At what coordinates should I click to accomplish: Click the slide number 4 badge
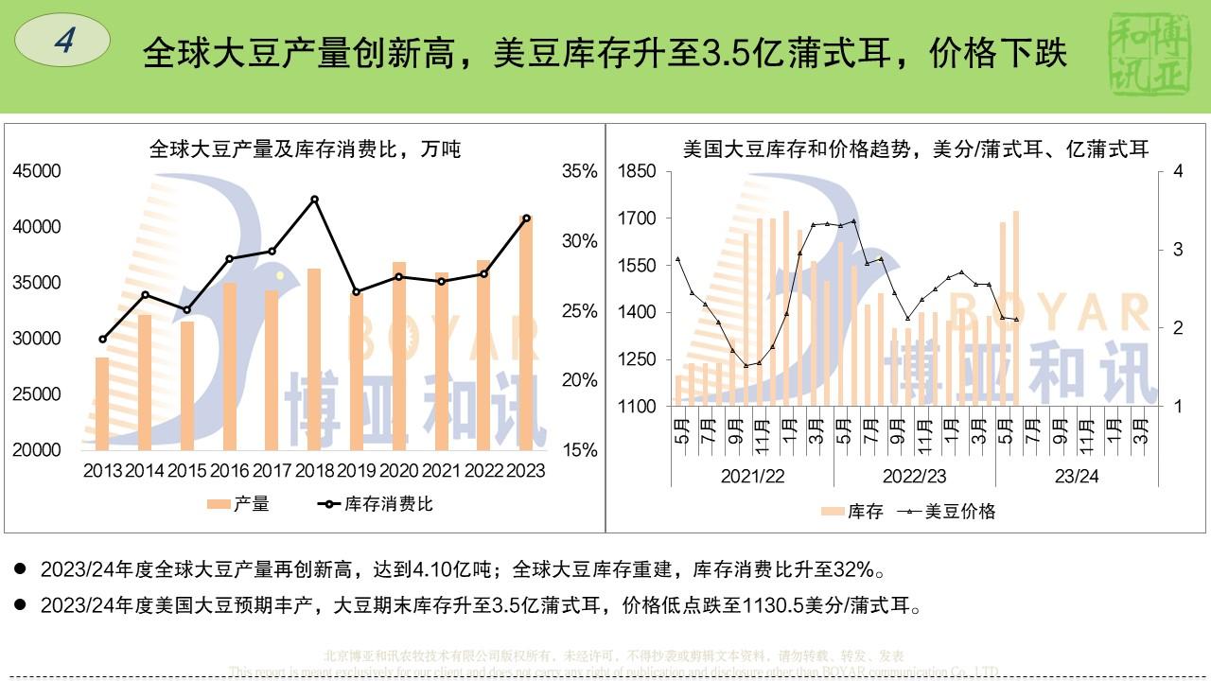point(63,41)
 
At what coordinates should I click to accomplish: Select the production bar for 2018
point(314,359)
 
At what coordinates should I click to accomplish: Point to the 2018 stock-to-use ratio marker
point(314,200)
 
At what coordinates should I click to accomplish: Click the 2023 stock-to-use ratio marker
point(527,218)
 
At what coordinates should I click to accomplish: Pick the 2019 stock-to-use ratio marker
point(357,292)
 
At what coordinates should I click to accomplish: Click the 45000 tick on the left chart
point(37,171)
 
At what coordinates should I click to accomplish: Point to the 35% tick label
point(580,171)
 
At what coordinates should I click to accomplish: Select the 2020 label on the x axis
point(399,470)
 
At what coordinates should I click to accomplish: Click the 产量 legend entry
point(239,504)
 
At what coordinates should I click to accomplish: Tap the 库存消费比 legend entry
point(377,504)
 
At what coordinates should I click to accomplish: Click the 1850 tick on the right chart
point(637,171)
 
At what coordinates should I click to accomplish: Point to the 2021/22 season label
point(752,476)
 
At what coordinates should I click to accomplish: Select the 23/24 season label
point(1077,476)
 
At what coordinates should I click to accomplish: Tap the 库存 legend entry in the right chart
point(853,512)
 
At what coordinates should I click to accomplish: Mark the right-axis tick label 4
point(1178,171)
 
